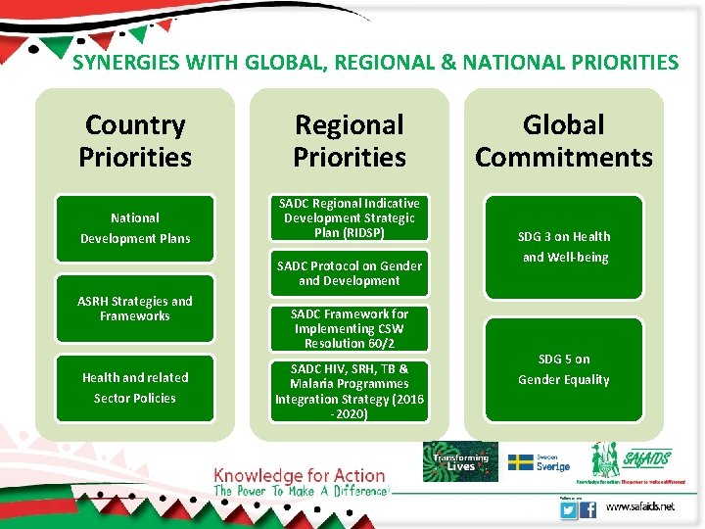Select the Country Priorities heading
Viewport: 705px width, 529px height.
pyautogui.click(x=134, y=141)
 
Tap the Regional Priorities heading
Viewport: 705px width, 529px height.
pyautogui.click(x=350, y=141)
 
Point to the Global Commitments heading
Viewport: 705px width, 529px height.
pyautogui.click(x=564, y=141)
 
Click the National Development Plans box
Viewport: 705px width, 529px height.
pyautogui.click(x=135, y=228)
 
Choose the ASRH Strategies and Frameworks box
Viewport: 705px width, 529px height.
pyautogui.click(x=135, y=309)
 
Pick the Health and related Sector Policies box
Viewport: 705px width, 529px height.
pyautogui.click(x=135, y=388)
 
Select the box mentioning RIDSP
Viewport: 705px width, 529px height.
pyautogui.click(x=350, y=218)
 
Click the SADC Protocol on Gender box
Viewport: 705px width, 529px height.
pyautogui.click(x=350, y=273)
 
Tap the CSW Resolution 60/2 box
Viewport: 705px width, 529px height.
pyautogui.click(x=350, y=329)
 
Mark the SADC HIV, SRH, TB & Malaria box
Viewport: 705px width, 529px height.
pyautogui.click(x=350, y=391)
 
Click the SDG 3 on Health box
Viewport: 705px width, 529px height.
pyautogui.click(x=565, y=247)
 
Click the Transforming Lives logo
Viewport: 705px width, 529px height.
pyautogui.click(x=460, y=461)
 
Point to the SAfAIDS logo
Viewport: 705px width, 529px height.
pyautogui.click(x=632, y=460)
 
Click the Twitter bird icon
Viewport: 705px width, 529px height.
pyautogui.click(x=567, y=509)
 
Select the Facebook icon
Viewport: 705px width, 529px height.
pyautogui.click(x=588, y=509)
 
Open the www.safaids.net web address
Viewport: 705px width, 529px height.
pyautogui.click(x=639, y=507)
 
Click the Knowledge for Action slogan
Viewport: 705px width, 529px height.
pyautogui.click(x=301, y=477)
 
